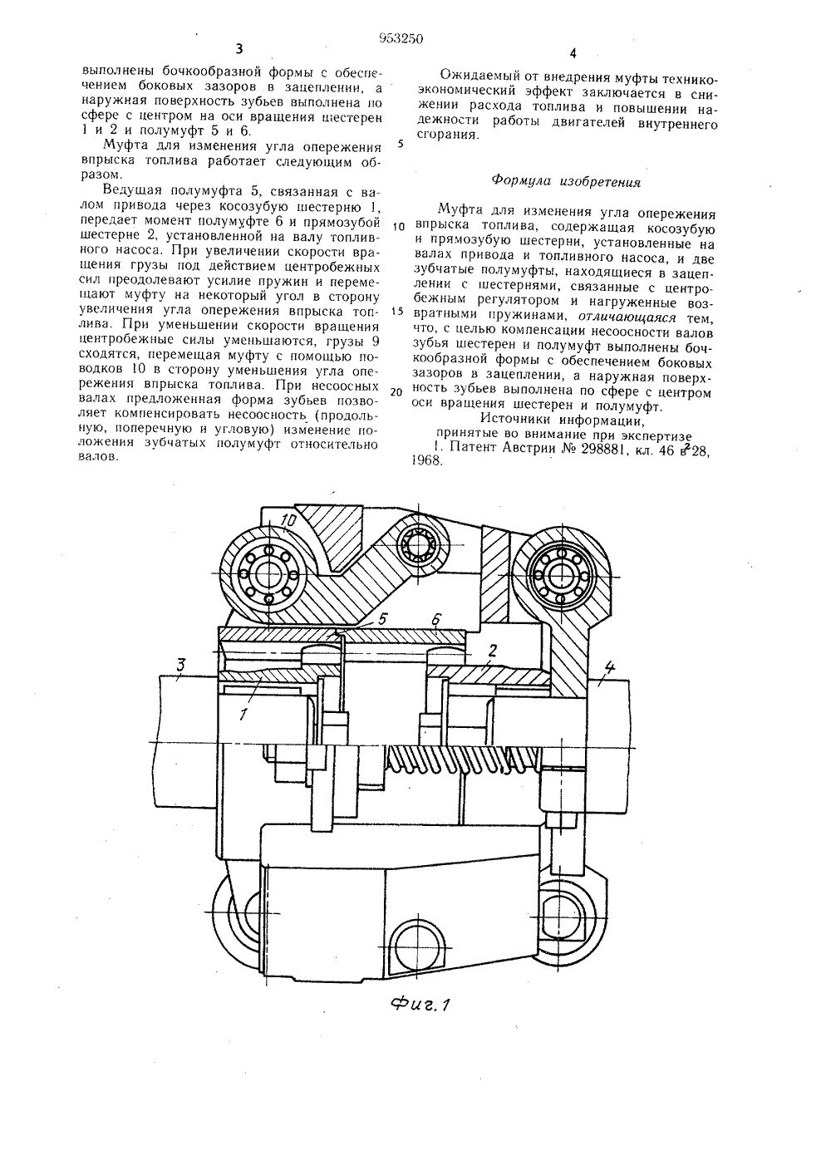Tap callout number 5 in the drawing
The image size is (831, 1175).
coord(382,618)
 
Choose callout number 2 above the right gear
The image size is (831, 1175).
coord(493,651)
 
